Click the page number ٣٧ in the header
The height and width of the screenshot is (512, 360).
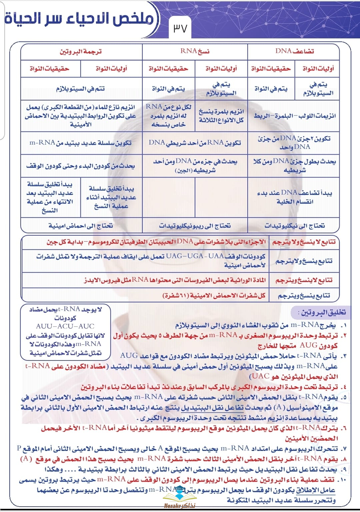180,28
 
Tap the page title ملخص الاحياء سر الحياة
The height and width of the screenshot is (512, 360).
79,19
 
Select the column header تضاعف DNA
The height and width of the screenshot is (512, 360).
294,51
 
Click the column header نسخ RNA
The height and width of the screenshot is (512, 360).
195,51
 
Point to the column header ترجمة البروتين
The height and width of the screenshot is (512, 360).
81,52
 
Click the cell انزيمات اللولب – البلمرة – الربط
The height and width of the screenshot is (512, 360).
295,116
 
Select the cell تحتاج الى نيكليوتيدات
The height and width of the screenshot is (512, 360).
295,226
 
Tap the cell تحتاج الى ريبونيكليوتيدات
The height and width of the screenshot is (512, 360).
195,226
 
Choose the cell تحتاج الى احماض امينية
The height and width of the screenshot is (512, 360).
81,226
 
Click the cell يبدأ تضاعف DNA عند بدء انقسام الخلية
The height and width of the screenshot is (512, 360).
295,197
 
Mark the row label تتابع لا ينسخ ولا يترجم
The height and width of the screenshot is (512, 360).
304,242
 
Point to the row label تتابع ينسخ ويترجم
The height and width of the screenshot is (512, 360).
304,295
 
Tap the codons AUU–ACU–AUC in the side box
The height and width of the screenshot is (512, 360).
65,326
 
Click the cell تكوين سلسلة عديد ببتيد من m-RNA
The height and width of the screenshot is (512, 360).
81,143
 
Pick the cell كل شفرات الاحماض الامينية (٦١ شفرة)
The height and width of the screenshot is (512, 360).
214,295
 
